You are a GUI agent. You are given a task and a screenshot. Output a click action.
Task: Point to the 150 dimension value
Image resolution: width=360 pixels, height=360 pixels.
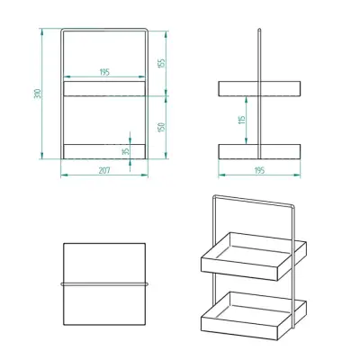[163, 127]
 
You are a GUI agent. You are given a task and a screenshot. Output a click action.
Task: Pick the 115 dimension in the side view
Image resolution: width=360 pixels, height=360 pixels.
[241, 120]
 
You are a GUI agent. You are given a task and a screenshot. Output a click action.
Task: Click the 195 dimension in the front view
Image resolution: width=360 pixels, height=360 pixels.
[104, 72]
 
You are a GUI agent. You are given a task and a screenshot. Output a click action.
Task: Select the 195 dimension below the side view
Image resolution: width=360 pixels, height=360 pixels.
[261, 169]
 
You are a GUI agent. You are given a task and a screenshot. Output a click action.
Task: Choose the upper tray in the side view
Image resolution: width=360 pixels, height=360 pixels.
[261, 88]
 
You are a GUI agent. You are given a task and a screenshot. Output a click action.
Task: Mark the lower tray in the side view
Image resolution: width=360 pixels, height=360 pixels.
[261, 150]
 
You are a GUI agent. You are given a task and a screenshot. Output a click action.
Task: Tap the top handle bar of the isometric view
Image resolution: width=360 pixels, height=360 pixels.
[256, 202]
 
